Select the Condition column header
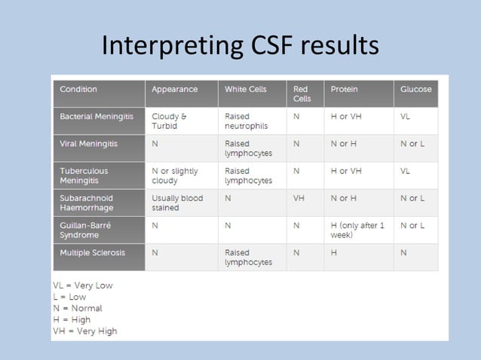[x=78, y=90]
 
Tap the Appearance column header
[x=174, y=90]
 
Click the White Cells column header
[x=245, y=90]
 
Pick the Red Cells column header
[x=302, y=94]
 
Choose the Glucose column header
[x=415, y=90]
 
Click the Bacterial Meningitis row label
[x=97, y=117]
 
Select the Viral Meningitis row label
[x=88, y=143]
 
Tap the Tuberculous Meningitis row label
[x=84, y=175]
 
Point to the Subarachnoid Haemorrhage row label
[x=88, y=203]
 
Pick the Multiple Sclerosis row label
[x=92, y=252]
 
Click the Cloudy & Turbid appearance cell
[x=170, y=121]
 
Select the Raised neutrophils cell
[x=246, y=121]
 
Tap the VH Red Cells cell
[x=299, y=198]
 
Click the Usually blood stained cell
[x=177, y=203]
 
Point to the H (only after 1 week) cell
[x=357, y=230]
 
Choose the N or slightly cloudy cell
[x=174, y=175]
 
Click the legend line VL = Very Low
[x=82, y=285]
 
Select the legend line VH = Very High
[x=84, y=331]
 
